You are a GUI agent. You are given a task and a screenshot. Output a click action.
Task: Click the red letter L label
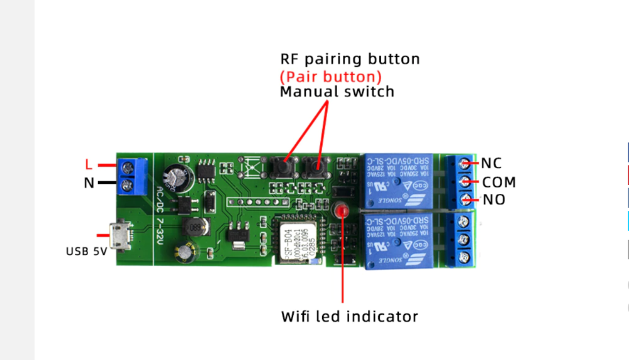pyautogui.click(x=89, y=165)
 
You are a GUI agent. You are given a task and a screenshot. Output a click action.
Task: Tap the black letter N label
pyautogui.click(x=89, y=184)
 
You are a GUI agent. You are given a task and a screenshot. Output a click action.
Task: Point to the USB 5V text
pyautogui.click(x=87, y=250)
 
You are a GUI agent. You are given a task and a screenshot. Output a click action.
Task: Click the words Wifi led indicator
pyautogui.click(x=349, y=316)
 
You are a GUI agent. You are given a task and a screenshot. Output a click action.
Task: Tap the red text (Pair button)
pyautogui.click(x=331, y=77)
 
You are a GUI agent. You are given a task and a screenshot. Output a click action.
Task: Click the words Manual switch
pyautogui.click(x=337, y=92)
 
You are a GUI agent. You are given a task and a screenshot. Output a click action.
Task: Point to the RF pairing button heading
pyautogui.click(x=350, y=59)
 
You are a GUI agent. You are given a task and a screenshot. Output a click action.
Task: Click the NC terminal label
pyautogui.click(x=492, y=163)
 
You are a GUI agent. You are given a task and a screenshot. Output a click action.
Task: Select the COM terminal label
pyautogui.click(x=499, y=182)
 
